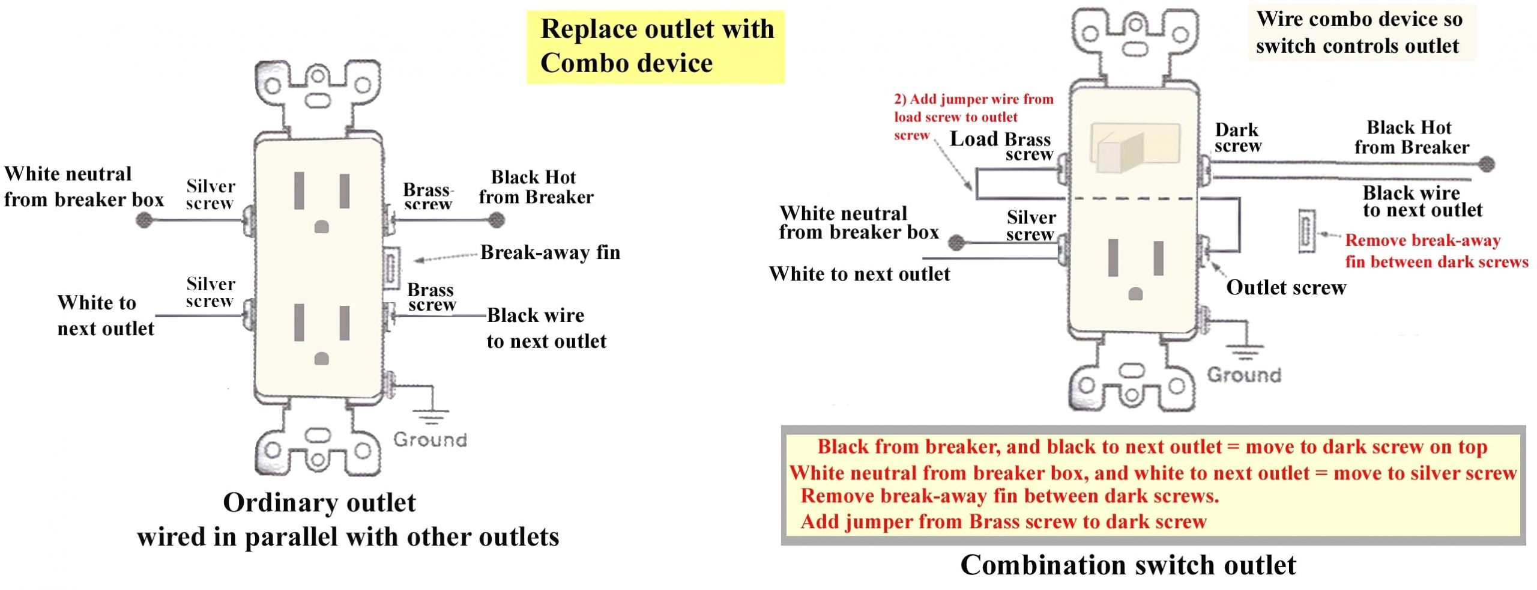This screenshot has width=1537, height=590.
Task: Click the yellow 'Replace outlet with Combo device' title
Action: pyautogui.click(x=656, y=46)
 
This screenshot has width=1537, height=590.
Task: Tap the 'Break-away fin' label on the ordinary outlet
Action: pyautogui.click(x=550, y=252)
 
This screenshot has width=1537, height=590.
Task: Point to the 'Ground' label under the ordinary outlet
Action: pyautogui.click(x=430, y=440)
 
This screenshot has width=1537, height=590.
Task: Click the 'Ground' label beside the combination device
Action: pyautogui.click(x=1244, y=375)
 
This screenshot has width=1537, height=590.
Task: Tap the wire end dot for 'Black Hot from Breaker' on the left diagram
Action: pyautogui.click(x=496, y=220)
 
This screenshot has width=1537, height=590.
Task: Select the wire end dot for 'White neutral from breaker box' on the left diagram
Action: pyautogui.click(x=144, y=220)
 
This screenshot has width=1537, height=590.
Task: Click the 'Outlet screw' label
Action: pyautogui.click(x=1285, y=288)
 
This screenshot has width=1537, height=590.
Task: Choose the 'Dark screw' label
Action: pyautogui.click(x=1237, y=138)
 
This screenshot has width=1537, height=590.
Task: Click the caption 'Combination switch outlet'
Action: pyautogui.click(x=1128, y=565)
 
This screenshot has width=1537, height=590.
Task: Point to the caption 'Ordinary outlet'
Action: pyautogui.click(x=319, y=502)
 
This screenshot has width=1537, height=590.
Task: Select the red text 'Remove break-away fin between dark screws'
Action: pyautogui.click(x=1436, y=251)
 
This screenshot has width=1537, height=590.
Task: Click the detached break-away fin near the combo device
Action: pyautogui.click(x=1306, y=231)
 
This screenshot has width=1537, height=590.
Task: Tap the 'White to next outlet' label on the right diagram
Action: pyautogui.click(x=859, y=274)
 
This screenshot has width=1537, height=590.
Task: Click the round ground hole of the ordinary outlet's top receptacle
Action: pyautogui.click(x=322, y=227)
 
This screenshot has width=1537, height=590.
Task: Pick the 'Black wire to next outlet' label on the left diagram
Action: pyautogui.click(x=546, y=328)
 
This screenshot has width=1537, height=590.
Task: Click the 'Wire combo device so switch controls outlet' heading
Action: pyautogui.click(x=1358, y=32)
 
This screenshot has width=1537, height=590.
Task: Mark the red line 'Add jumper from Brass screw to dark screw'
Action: pyautogui.click(x=1003, y=522)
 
